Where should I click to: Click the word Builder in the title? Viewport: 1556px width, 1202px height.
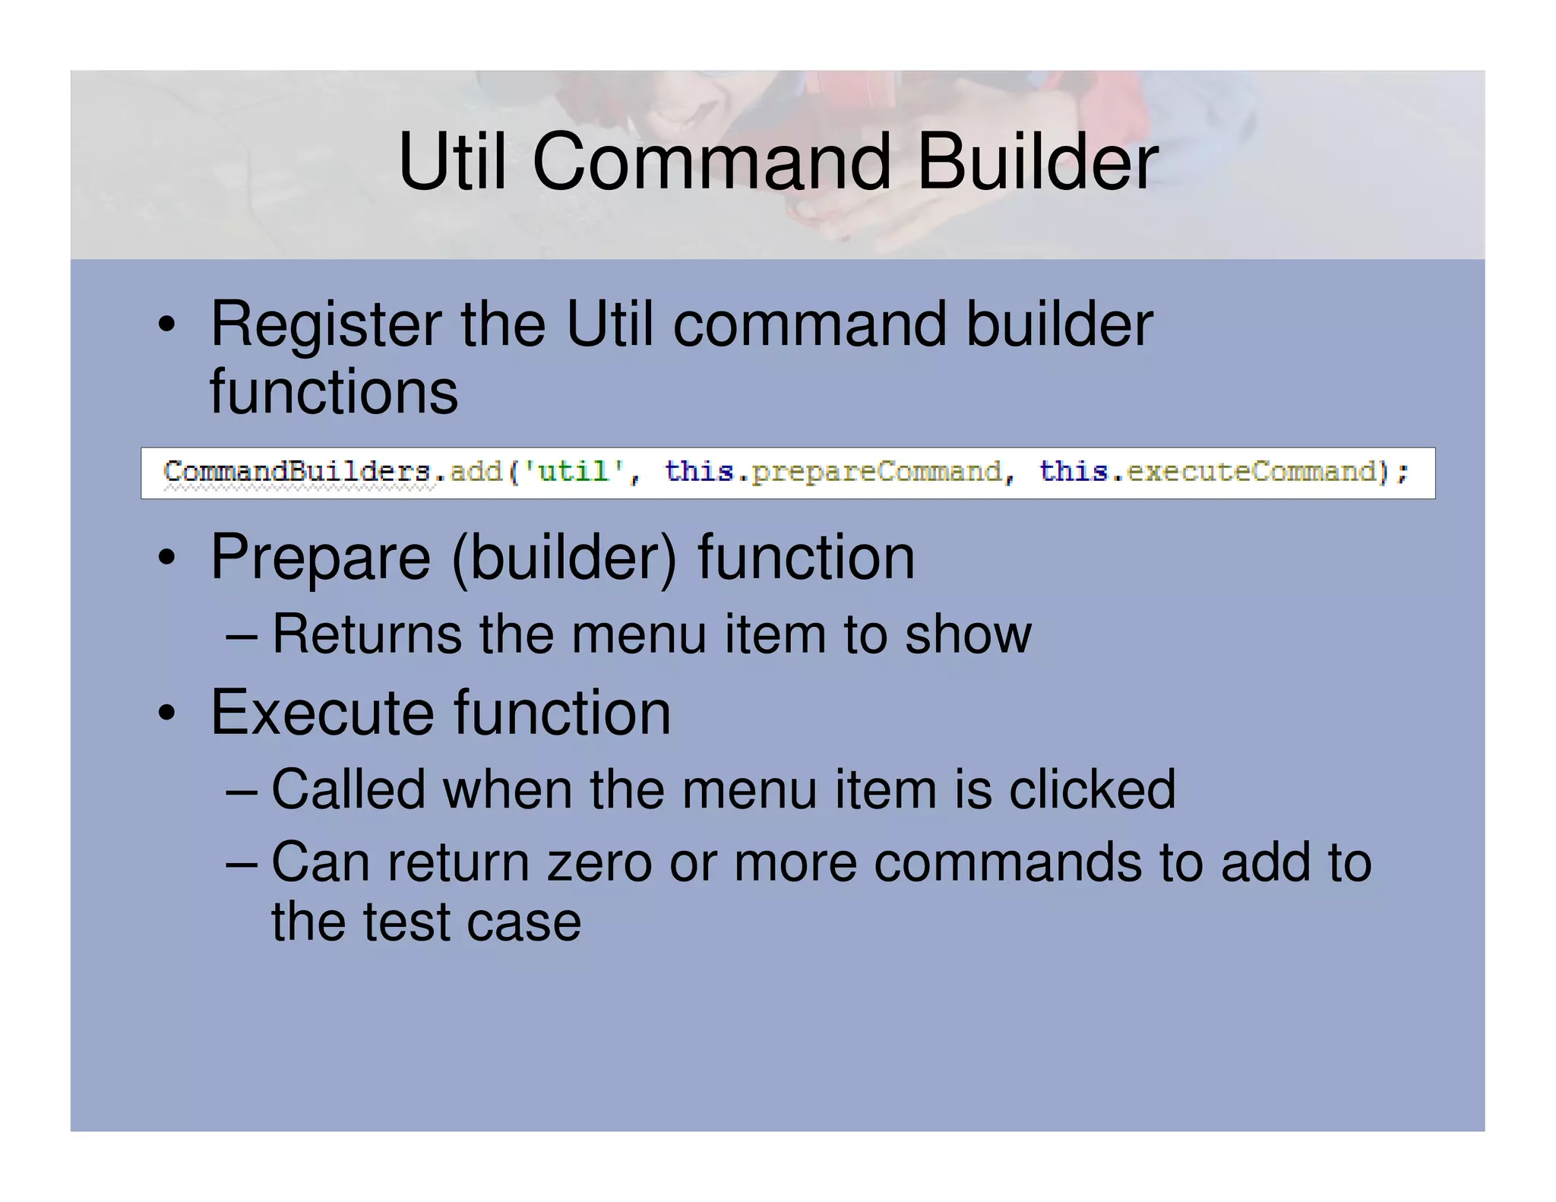click(1037, 162)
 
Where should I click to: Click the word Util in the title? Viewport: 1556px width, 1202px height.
click(451, 162)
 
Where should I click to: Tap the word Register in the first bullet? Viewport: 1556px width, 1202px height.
click(325, 325)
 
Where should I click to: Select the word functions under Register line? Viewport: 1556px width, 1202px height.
click(334, 392)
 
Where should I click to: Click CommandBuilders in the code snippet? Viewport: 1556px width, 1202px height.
click(297, 472)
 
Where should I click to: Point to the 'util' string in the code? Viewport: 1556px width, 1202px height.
click(574, 472)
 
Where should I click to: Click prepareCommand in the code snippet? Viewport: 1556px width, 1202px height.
click(876, 472)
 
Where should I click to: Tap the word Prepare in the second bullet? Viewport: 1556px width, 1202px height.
click(320, 558)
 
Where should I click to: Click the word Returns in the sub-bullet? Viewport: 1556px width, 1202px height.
click(366, 634)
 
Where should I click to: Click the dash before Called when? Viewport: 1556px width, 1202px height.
click(242, 791)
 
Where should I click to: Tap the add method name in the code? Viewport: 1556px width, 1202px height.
click(476, 472)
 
